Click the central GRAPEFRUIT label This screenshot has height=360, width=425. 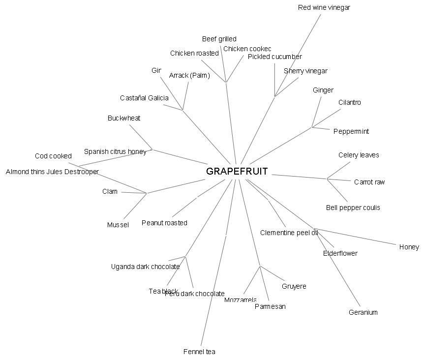(x=237, y=172)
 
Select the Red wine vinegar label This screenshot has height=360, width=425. (x=324, y=7)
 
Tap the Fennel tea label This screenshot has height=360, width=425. (x=199, y=352)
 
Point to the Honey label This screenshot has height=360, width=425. (x=409, y=247)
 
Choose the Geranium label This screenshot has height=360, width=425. (x=363, y=312)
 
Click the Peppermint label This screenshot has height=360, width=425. (x=351, y=131)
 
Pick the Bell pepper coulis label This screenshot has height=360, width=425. (x=353, y=208)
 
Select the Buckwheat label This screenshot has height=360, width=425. (x=124, y=118)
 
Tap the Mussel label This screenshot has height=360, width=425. (x=118, y=225)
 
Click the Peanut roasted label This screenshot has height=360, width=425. (x=164, y=223)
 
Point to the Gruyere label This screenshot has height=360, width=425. (x=294, y=286)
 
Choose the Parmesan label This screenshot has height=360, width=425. (x=270, y=306)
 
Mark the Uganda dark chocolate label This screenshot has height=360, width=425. (x=145, y=267)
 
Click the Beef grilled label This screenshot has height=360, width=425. (x=219, y=39)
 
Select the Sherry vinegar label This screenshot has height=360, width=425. (x=305, y=71)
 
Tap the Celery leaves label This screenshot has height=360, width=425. (x=359, y=155)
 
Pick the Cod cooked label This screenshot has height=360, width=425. (x=53, y=156)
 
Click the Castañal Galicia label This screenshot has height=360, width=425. (x=144, y=98)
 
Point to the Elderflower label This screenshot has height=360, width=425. (x=340, y=253)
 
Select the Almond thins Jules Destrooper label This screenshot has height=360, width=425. (x=52, y=172)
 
